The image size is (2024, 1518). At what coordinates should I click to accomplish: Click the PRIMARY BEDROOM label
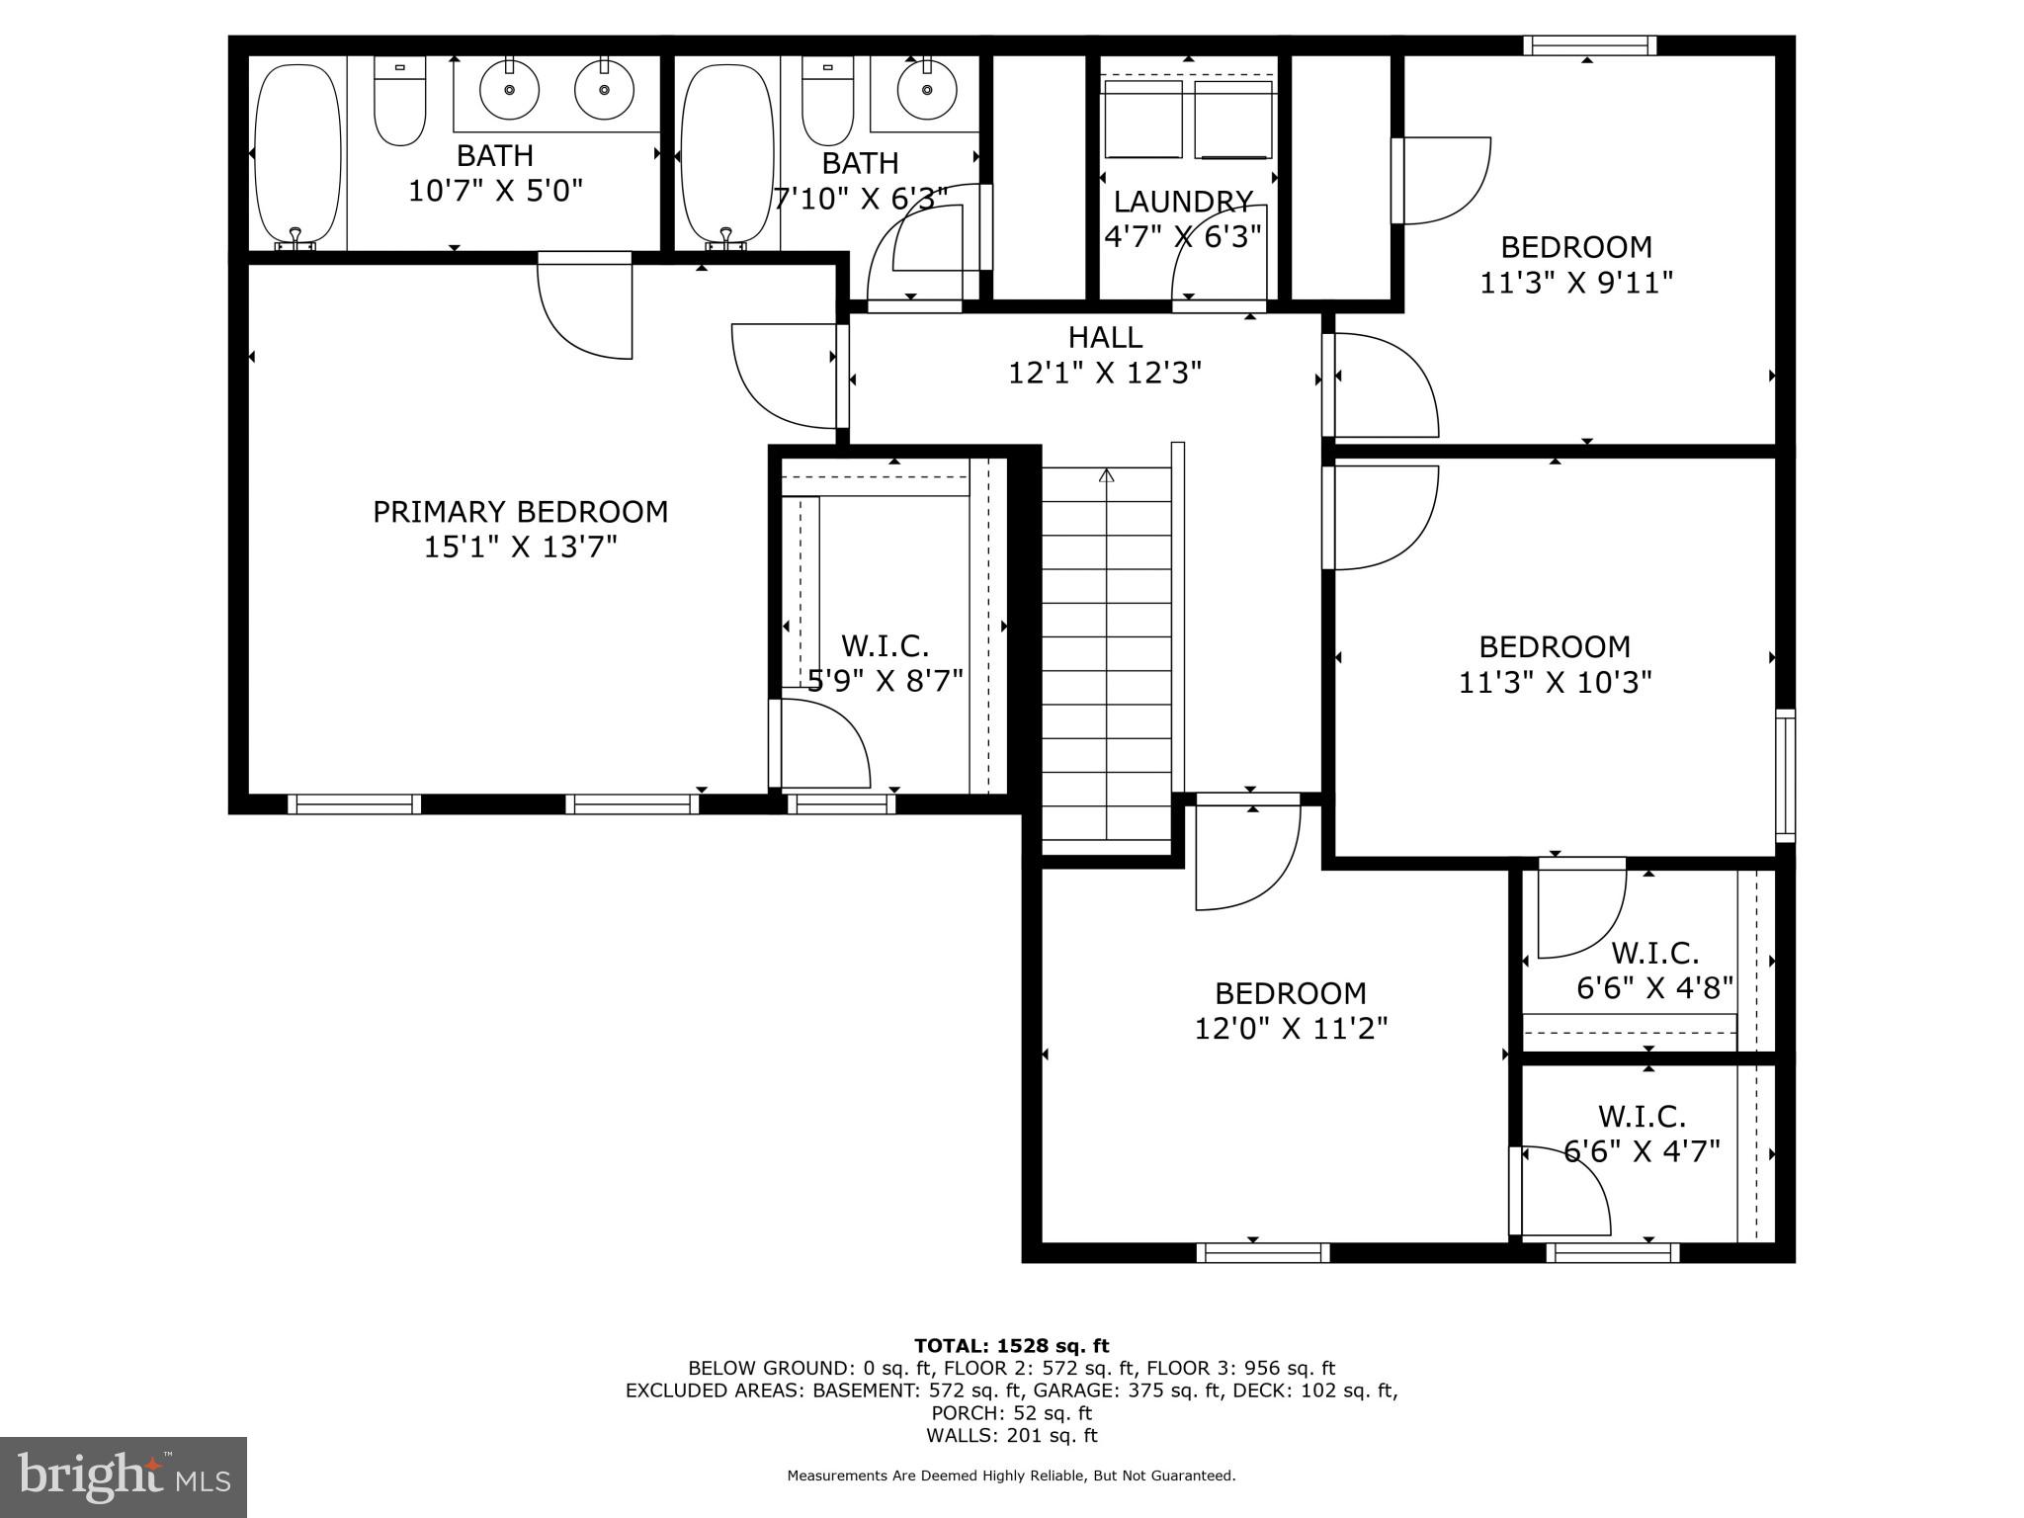pyautogui.click(x=520, y=512)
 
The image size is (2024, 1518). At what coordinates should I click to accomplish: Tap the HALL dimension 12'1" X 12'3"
pyautogui.click(x=1104, y=374)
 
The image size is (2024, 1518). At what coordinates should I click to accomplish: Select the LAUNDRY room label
pyautogui.click(x=1183, y=202)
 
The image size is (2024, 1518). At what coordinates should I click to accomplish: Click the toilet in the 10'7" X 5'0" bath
pyautogui.click(x=399, y=103)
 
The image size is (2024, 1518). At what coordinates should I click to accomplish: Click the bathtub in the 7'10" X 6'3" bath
pyautogui.click(x=726, y=153)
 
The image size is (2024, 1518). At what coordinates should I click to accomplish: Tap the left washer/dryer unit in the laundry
pyautogui.click(x=1142, y=120)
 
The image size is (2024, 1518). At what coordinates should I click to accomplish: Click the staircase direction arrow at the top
pyautogui.click(x=1107, y=476)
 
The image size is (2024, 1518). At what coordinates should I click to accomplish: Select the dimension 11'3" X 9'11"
pyautogui.click(x=1575, y=284)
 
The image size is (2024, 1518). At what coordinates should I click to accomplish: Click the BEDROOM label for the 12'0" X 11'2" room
pyautogui.click(x=1290, y=993)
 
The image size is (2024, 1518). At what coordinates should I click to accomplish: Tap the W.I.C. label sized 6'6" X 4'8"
pyautogui.click(x=1654, y=954)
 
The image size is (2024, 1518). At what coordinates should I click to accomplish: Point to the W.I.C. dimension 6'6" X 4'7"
pyautogui.click(x=1642, y=1151)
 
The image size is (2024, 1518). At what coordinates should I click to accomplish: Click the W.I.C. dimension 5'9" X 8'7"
pyautogui.click(x=885, y=681)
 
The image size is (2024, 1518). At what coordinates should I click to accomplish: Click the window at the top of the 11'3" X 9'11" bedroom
pyautogui.click(x=1589, y=45)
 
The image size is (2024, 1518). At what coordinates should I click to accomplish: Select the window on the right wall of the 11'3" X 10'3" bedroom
pyautogui.click(x=1785, y=776)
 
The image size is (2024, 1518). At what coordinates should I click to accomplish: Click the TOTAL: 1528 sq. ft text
pyautogui.click(x=1011, y=1345)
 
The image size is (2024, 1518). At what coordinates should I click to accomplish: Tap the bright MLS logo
pyautogui.click(x=123, y=1476)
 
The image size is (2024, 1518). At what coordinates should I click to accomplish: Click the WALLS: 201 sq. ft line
pyautogui.click(x=1011, y=1435)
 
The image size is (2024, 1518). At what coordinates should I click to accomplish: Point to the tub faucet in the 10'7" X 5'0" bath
pyautogui.click(x=295, y=237)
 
